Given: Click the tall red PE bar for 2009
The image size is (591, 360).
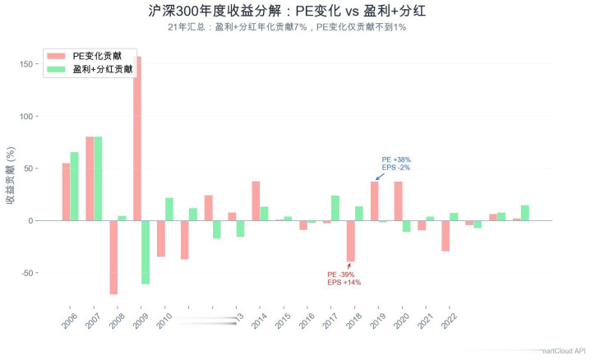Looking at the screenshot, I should click(x=137, y=138).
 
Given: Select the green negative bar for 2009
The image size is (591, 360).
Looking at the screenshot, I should click(x=145, y=252).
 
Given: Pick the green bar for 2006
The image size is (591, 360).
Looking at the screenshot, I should click(x=74, y=186).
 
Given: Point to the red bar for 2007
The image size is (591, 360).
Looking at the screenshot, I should click(x=90, y=178).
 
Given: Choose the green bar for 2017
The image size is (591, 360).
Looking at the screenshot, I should click(x=335, y=208).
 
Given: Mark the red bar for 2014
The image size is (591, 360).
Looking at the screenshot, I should click(x=256, y=201).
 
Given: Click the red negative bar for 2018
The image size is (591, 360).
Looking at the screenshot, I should click(x=350, y=241).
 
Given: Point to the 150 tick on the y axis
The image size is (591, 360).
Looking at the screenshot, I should click(x=25, y=64).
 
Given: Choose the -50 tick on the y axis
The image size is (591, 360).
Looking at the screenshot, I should click(x=26, y=273).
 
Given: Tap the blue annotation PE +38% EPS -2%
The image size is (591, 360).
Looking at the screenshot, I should click(x=396, y=164).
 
